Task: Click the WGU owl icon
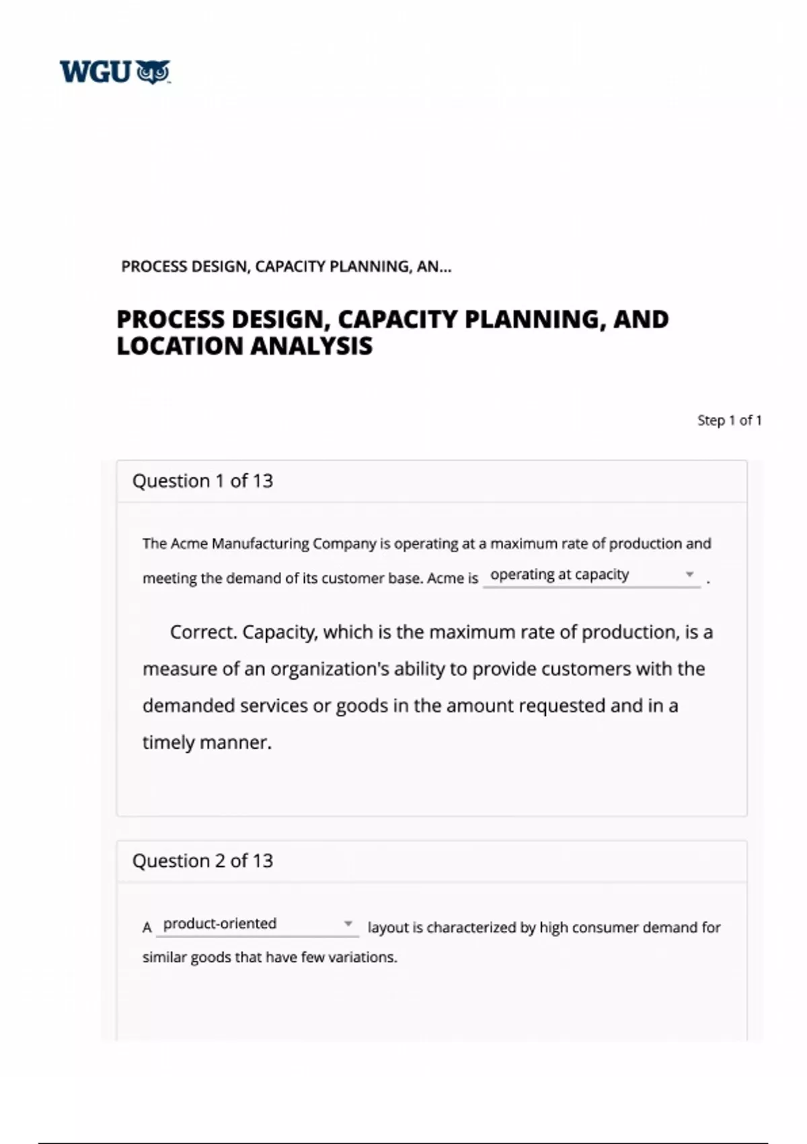click(153, 72)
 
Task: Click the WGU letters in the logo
click(95, 72)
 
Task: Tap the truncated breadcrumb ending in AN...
click(286, 267)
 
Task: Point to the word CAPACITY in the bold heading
click(397, 319)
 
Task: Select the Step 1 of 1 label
click(729, 421)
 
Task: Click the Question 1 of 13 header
click(202, 481)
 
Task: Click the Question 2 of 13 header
click(202, 861)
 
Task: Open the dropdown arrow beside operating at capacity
click(689, 575)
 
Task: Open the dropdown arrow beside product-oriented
click(348, 923)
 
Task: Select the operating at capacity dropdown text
click(560, 575)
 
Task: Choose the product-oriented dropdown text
click(220, 923)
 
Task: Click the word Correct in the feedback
click(202, 633)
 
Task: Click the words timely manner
click(206, 742)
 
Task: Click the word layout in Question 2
click(388, 927)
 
